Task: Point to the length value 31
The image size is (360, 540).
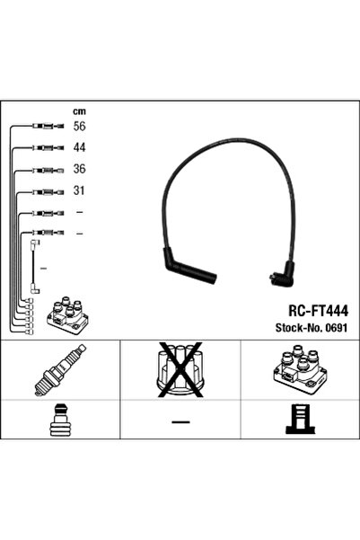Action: pos(78,190)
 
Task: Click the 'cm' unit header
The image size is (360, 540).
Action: pos(78,111)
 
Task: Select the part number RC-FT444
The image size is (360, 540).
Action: pos(305,308)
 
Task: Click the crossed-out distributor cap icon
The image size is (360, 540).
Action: pos(180,370)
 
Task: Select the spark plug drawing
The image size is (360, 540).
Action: pos(51,370)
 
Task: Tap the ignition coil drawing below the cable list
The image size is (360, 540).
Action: pos(65,316)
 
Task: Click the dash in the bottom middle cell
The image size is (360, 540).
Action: pos(180,422)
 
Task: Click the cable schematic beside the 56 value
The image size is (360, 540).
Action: pos(43,127)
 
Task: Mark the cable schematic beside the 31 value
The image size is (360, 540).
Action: pos(43,190)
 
